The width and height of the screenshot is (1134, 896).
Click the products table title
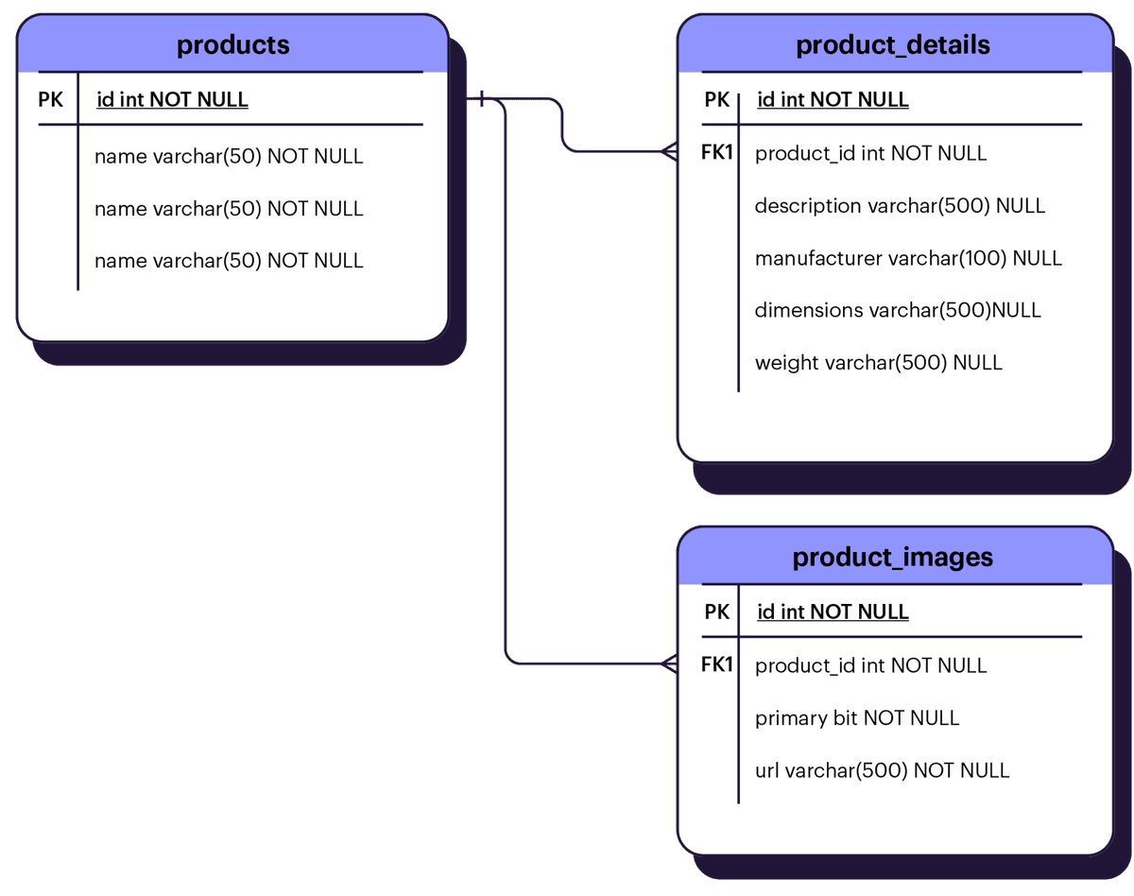tap(232, 44)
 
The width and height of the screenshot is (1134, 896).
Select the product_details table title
tap(893, 44)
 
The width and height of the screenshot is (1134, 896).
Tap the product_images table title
tap(893, 557)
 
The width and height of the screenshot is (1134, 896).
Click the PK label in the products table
tap(51, 99)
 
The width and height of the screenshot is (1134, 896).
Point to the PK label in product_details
tap(717, 99)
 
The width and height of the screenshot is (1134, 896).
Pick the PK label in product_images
tap(717, 612)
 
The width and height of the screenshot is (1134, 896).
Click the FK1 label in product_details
tap(717, 152)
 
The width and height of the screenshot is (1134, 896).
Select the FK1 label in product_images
tap(717, 664)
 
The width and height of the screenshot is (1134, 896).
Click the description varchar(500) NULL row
tap(900, 206)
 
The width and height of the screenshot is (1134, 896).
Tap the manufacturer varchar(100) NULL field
tap(908, 258)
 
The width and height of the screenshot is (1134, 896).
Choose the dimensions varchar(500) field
tap(898, 310)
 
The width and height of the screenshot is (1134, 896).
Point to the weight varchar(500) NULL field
tap(878, 363)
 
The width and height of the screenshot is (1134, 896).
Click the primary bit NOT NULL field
tap(857, 718)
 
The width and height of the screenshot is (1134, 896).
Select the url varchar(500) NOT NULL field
tap(882, 770)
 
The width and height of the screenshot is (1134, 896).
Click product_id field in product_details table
tap(870, 153)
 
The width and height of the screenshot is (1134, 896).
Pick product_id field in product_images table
tap(870, 665)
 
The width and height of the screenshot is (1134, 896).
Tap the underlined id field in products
tap(172, 100)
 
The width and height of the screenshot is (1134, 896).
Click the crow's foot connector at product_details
tap(668, 151)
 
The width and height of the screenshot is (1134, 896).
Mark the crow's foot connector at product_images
tap(668, 663)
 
